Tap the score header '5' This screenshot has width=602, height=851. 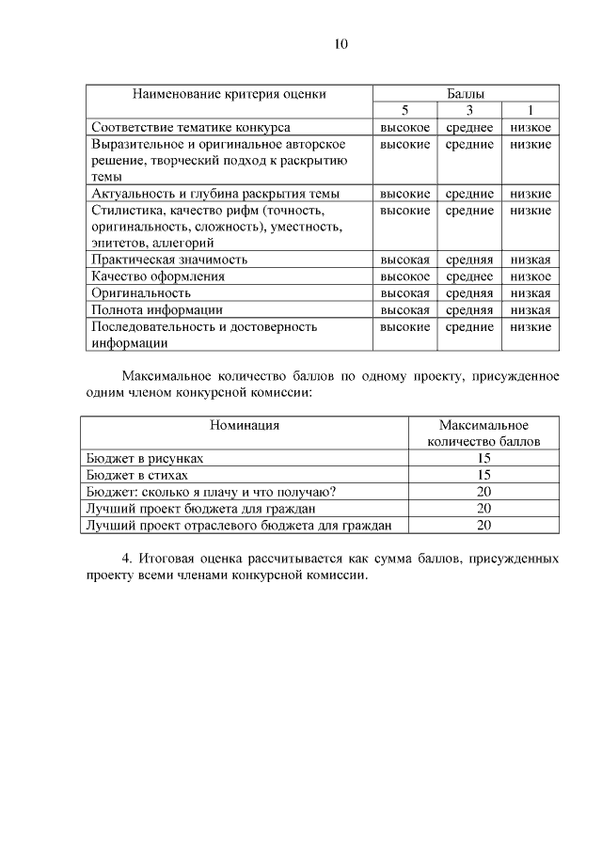[404, 111]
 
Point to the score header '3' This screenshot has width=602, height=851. [468, 111]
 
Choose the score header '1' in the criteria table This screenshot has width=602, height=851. [531, 111]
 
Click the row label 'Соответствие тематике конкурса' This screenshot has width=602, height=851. [191, 127]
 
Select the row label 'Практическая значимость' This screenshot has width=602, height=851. [169, 260]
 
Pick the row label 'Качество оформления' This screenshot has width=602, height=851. [157, 276]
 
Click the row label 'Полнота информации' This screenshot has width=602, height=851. [156, 309]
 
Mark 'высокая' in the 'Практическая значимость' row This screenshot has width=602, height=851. [404, 260]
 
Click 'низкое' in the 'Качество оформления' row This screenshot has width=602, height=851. [531, 276]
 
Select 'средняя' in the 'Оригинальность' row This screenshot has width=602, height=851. [468, 293]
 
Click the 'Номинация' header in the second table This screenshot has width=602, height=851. [245, 425]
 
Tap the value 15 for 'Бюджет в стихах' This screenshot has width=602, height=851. [483, 475]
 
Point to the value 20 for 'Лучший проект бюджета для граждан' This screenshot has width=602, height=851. [483, 509]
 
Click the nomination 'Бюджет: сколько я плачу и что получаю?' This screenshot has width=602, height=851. [212, 492]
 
